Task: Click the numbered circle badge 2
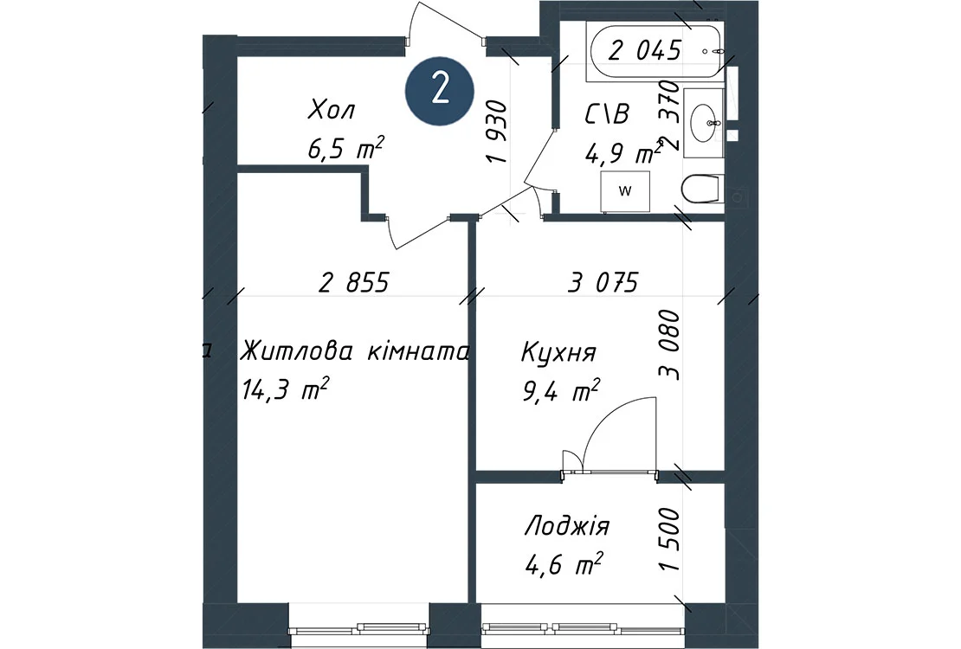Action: coord(440,92)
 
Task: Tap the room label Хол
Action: coord(332,111)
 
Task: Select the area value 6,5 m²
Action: coord(346,149)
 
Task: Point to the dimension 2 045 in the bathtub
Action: coord(645,50)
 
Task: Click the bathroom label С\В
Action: coord(607,114)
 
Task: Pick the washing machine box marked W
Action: coord(624,191)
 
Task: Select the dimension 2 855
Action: coord(354,282)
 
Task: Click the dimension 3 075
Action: coord(603,282)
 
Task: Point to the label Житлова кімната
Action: coord(355,352)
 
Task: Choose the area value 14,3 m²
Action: coord(287,389)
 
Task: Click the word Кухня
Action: coord(558,354)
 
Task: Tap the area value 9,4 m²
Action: coord(560,391)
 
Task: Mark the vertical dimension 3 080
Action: coord(669,345)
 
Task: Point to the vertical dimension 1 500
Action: coord(670,540)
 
